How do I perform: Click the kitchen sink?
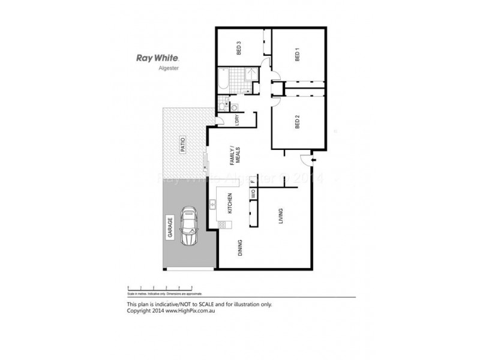(x=213, y=206)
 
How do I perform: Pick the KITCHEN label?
(x=229, y=204)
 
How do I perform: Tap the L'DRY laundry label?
(x=237, y=119)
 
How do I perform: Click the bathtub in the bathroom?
(x=223, y=80)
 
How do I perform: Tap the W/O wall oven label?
(x=253, y=194)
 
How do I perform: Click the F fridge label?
(x=253, y=180)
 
